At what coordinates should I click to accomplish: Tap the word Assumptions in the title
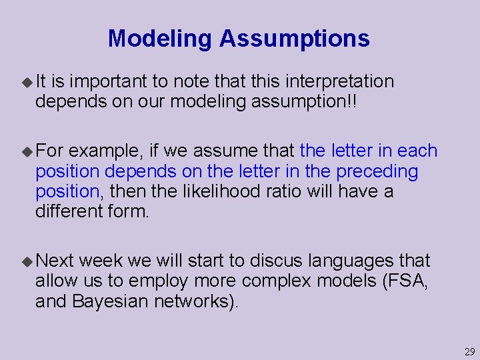click(295, 39)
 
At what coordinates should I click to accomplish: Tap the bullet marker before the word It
click(27, 82)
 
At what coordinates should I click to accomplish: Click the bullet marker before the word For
click(27, 151)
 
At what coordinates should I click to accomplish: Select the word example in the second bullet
click(98, 151)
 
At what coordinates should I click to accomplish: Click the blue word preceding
click(377, 171)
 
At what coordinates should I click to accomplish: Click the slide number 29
click(469, 352)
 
